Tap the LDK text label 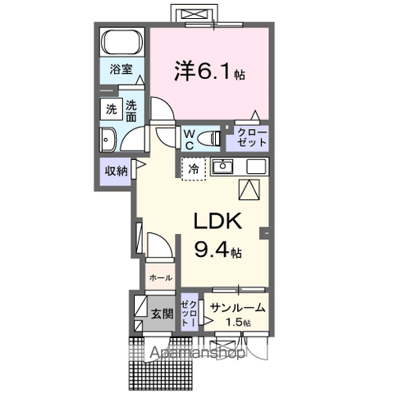(x=217, y=221)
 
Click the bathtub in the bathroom (x=122, y=43)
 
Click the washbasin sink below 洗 (x=106, y=139)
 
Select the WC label (x=188, y=138)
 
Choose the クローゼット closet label (x=252, y=137)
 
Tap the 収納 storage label (x=115, y=170)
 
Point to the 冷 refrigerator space (x=194, y=170)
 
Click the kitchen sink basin (x=222, y=167)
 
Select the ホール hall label (x=161, y=277)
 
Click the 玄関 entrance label (x=162, y=314)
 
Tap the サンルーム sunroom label (x=236, y=308)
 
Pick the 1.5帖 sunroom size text (x=241, y=323)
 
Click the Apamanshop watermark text (x=197, y=354)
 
